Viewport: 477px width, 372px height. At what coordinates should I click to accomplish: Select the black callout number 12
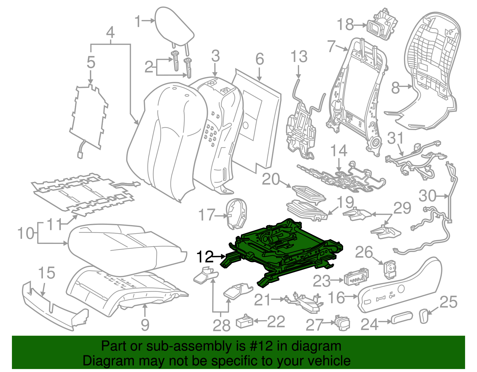click(x=205, y=257)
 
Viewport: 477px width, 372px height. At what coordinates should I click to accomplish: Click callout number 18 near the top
click(x=345, y=25)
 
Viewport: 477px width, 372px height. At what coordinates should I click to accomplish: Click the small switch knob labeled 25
click(x=424, y=316)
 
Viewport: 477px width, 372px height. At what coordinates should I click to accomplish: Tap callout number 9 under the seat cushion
click(x=145, y=325)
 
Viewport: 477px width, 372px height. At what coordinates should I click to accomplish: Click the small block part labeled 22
click(x=244, y=322)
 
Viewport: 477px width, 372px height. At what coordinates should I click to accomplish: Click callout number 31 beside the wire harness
click(x=395, y=139)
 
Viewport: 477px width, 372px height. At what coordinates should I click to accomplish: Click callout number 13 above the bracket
click(x=299, y=57)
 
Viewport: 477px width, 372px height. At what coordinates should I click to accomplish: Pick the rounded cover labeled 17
click(x=237, y=213)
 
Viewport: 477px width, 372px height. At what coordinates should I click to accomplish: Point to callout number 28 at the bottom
click(x=222, y=325)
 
